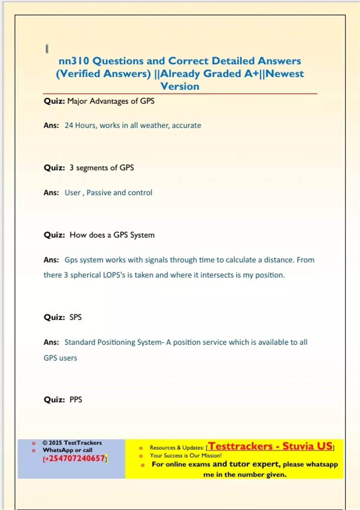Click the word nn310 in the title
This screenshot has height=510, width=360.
click(x=74, y=61)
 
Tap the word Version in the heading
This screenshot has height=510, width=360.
click(x=180, y=86)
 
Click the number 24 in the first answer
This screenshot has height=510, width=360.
click(x=69, y=125)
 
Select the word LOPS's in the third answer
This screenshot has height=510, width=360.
click(x=114, y=275)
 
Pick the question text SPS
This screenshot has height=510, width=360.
click(x=76, y=317)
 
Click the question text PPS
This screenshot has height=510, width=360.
click(x=76, y=400)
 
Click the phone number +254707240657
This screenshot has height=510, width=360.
click(x=75, y=458)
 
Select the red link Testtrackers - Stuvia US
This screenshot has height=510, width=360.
click(x=271, y=446)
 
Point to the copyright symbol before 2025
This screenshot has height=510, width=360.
click(x=45, y=443)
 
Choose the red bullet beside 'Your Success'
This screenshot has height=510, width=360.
click(x=141, y=456)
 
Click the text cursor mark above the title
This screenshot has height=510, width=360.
click(x=47, y=49)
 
